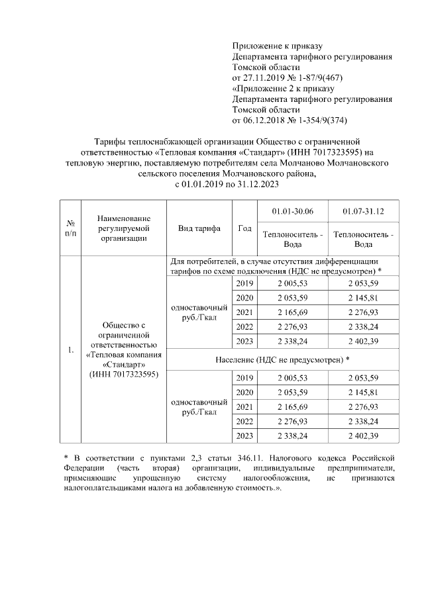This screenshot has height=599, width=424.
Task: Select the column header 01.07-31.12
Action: pos(364,210)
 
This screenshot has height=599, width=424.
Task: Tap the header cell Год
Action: pos(244,228)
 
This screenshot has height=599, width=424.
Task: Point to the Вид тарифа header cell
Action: pos(199,228)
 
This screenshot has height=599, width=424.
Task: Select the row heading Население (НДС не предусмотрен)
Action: pos(282,359)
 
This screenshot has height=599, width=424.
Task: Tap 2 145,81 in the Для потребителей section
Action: pos(364,297)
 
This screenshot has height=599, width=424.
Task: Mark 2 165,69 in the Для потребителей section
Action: pos(293,311)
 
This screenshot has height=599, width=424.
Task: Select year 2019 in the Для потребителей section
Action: pos(244,283)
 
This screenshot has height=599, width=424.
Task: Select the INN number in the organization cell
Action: pos(123,375)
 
